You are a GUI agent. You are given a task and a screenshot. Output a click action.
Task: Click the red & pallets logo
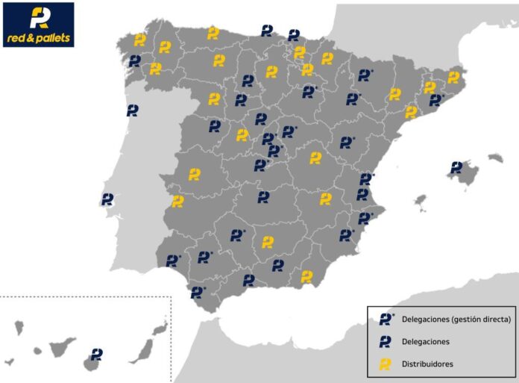coord(39,25)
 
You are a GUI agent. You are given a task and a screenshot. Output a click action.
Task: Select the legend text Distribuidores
coord(427,364)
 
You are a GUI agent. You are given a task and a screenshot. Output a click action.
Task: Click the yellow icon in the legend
coord(386,364)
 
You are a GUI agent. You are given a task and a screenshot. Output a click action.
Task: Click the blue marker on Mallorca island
coord(456,167)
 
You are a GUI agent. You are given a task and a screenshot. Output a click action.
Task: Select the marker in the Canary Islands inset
coord(97,354)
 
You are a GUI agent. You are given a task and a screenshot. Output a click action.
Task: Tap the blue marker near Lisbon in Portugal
coord(107,199)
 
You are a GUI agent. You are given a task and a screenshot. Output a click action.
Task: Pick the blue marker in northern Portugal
coord(133,110)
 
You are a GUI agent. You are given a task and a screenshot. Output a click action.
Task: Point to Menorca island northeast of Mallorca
coord(495,158)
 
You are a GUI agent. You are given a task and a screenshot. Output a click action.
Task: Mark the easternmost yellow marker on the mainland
coord(453,77)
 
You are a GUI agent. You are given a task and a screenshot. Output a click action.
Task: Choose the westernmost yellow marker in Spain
coord(139,40)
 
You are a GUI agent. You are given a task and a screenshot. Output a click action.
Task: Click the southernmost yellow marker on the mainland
coord(306,276)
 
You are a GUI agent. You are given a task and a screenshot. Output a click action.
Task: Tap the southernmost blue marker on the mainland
coord(198,292)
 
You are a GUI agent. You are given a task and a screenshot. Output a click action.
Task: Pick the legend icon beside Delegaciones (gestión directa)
coord(386,319)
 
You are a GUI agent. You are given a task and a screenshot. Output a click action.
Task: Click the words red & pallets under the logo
coord(39,37)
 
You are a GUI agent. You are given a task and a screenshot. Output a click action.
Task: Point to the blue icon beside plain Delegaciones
coord(386,342)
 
